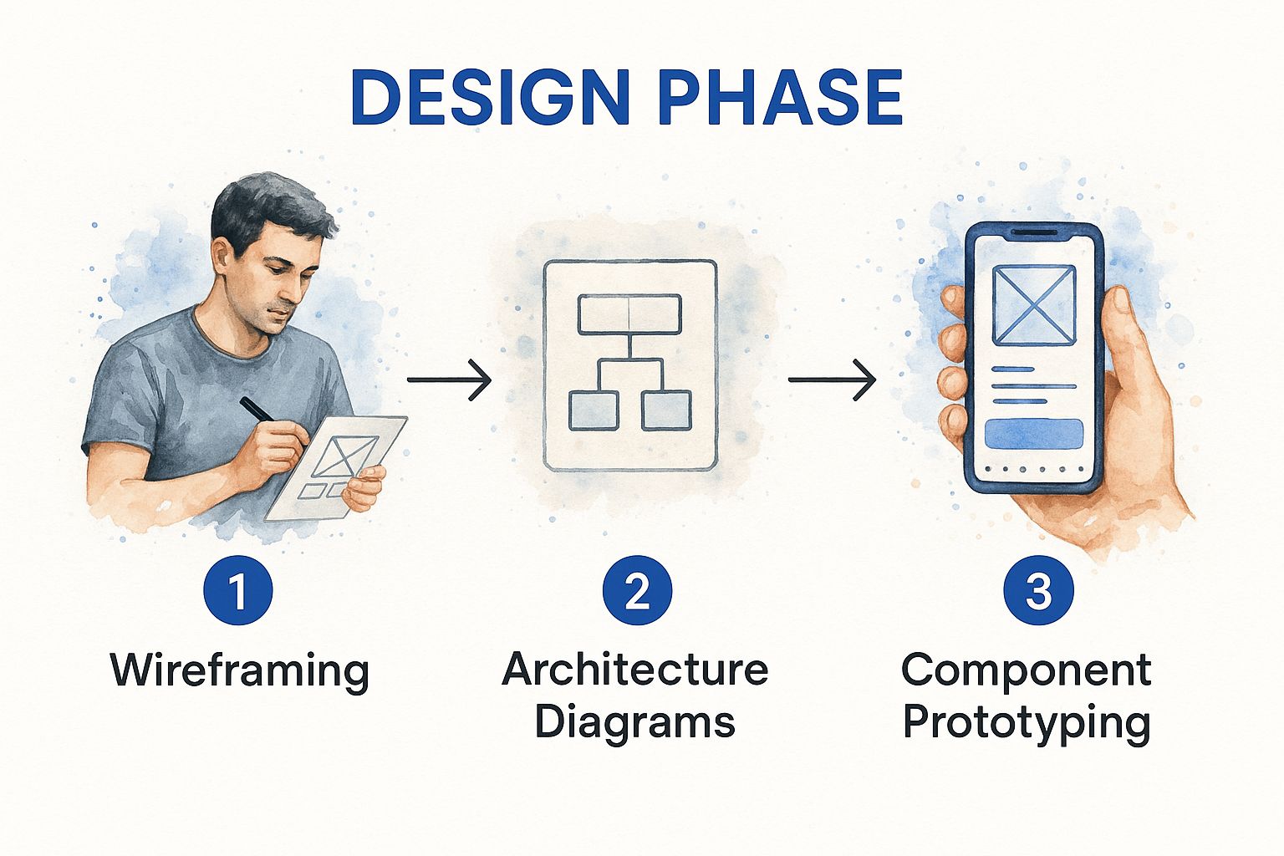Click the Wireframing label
point(240,671)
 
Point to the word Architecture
point(635,670)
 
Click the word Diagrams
point(635,721)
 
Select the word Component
point(1027,670)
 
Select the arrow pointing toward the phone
point(832,380)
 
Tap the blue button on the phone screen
point(1034,435)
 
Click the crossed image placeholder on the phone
point(1034,305)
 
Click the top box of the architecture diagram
point(629,314)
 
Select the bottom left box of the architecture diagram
point(594,410)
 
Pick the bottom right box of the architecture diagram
point(666,410)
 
